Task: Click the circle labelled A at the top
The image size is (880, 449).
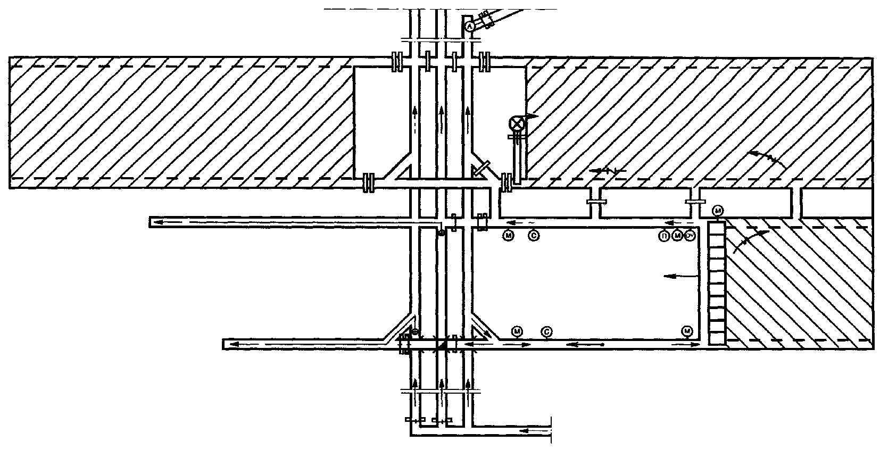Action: [x=469, y=26]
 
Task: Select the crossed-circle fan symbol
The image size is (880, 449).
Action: [x=517, y=123]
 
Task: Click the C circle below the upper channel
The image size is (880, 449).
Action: [x=534, y=234]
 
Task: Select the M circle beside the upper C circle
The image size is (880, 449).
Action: [x=508, y=234]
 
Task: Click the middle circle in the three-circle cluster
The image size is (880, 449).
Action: [x=677, y=235]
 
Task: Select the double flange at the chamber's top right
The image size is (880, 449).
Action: [x=485, y=62]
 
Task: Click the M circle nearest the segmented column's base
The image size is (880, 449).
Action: [x=687, y=331]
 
